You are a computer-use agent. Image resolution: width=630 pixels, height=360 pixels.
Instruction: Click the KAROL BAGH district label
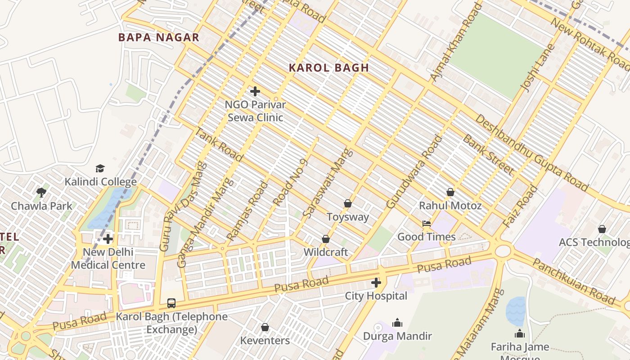point(328,68)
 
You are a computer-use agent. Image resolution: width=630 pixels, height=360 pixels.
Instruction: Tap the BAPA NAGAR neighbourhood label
point(158,37)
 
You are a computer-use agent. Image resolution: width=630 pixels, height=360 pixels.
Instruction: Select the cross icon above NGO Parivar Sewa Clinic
point(255,91)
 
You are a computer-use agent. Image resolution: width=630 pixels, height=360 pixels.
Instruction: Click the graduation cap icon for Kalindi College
point(100,168)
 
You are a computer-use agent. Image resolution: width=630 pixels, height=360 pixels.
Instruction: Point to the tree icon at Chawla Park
point(41,193)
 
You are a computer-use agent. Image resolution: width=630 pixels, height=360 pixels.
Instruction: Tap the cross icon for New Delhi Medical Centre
point(108,238)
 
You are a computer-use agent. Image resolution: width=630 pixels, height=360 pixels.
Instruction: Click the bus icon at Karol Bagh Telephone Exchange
point(171,303)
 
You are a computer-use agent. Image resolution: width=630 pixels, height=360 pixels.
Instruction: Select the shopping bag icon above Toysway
point(347,203)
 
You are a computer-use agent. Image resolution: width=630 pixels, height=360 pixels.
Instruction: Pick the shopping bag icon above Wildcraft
point(326,238)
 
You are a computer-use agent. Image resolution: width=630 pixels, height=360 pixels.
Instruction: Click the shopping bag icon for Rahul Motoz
point(450,192)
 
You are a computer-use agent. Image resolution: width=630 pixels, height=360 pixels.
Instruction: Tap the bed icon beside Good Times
point(426,223)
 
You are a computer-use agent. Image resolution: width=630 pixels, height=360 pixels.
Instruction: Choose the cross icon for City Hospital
point(376,283)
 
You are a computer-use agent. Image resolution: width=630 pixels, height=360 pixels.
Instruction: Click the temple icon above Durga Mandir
point(397,323)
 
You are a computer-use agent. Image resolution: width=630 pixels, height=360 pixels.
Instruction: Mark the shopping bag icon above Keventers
point(265,327)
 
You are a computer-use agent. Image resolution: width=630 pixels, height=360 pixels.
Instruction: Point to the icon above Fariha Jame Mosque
point(520,333)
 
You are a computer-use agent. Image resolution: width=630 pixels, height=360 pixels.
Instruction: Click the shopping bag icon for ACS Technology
point(602,229)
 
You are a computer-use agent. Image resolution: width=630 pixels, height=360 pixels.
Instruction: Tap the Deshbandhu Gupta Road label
point(531,153)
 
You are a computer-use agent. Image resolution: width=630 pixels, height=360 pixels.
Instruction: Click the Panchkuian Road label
point(573,281)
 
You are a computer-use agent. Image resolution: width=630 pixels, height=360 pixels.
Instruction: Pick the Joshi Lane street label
point(535,67)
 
